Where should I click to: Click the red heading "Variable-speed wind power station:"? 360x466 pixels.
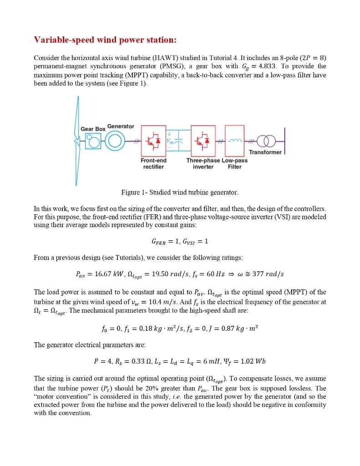[x=105, y=40]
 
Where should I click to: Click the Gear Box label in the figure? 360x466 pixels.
[x=93, y=129]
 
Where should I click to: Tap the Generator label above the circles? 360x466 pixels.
[x=121, y=126]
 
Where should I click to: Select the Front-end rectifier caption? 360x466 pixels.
[x=153, y=164]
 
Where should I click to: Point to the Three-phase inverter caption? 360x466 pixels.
[x=203, y=164]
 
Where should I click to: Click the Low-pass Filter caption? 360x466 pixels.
[x=235, y=164]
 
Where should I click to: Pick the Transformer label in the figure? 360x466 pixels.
[x=265, y=152]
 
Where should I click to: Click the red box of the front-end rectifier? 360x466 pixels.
[x=153, y=141]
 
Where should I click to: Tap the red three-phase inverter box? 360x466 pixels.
[x=203, y=141]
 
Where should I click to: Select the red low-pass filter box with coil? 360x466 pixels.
[x=235, y=141]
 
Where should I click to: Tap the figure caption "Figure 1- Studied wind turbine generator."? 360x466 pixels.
[x=180, y=192]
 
